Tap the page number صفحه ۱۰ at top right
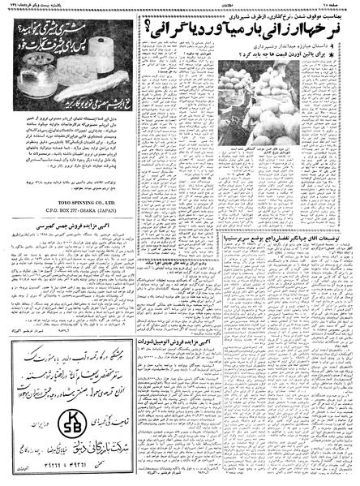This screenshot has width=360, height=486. (x=341, y=5)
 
